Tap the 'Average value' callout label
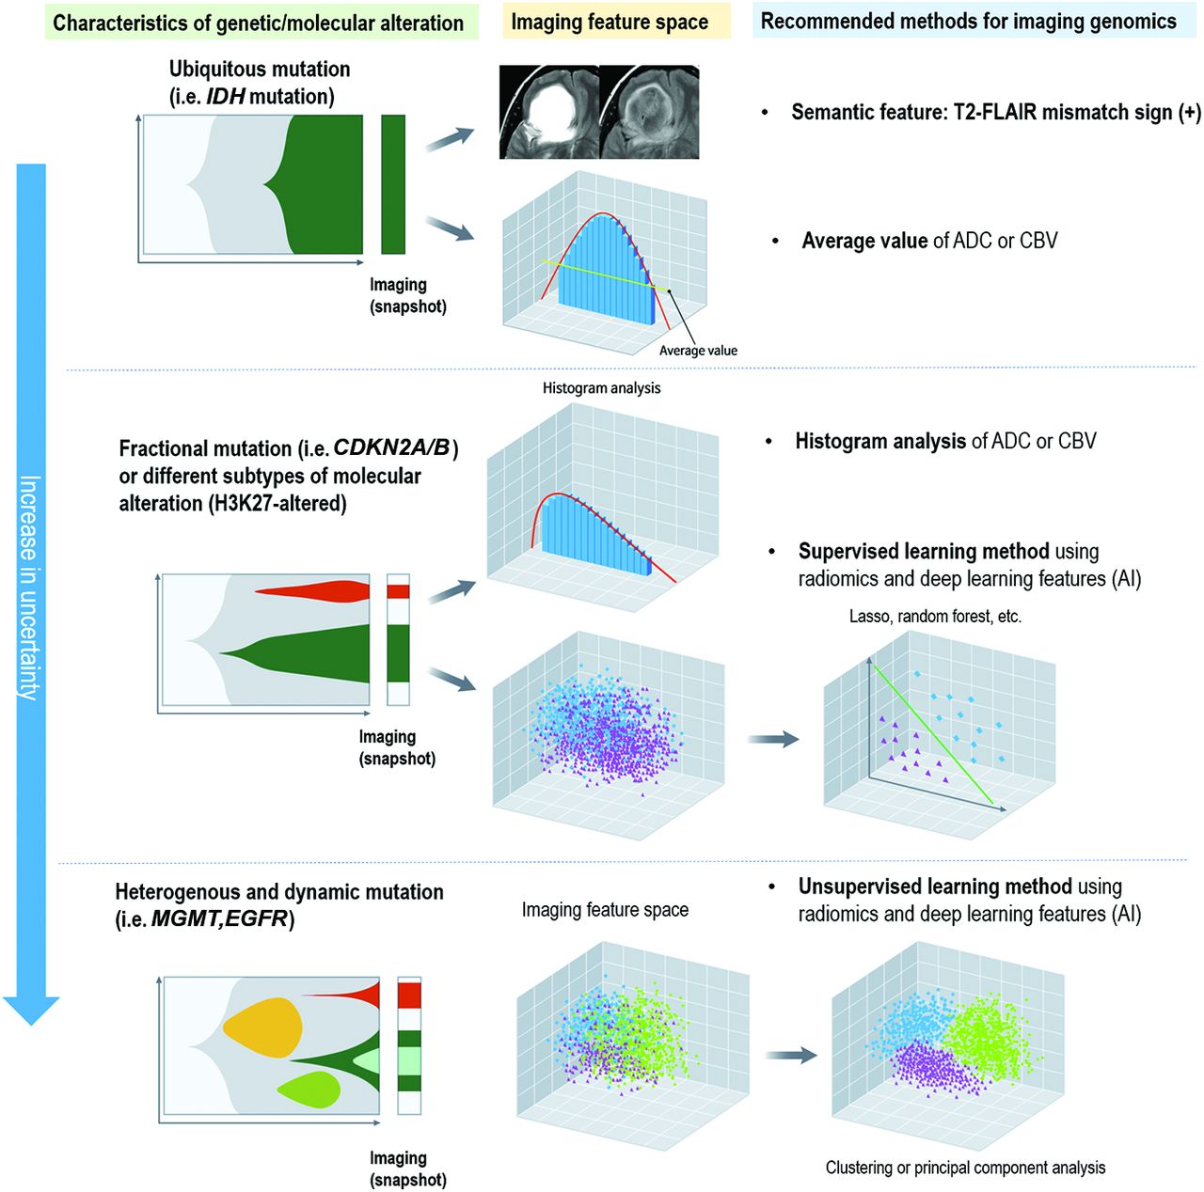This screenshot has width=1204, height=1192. point(698,351)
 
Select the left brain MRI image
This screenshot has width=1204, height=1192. point(548,112)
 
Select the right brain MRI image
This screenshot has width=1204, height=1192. point(650,112)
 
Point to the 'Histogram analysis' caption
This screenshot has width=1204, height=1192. point(601,388)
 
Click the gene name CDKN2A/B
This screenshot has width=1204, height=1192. point(391,448)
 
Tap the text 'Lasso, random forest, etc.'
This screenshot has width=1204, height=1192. point(935,617)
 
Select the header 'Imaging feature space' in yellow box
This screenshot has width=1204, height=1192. point(610,22)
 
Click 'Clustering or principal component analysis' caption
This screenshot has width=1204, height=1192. point(965,1168)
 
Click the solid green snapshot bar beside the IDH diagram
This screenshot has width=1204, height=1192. point(393,184)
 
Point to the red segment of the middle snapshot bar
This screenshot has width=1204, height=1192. point(399,591)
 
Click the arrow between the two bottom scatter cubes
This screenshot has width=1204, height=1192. point(791,1056)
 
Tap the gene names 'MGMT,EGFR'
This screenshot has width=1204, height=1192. point(219,919)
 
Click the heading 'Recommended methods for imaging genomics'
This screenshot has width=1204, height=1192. point(968,22)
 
